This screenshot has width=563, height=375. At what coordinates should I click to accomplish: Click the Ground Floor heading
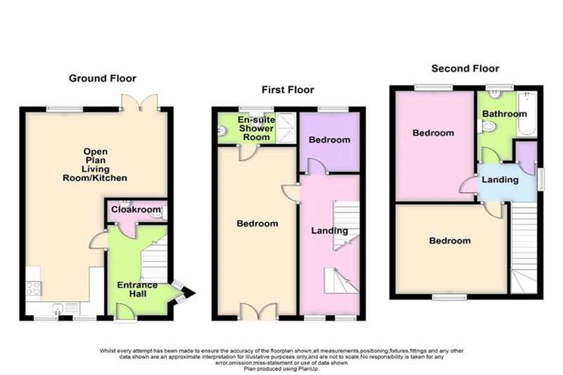click(x=102, y=78)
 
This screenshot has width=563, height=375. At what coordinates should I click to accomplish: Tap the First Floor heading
click(x=288, y=90)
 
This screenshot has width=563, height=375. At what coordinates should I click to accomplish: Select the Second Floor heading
click(x=465, y=68)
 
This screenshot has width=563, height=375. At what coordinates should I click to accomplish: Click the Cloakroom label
click(x=136, y=210)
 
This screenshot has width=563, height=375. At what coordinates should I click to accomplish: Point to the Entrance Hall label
click(x=137, y=290)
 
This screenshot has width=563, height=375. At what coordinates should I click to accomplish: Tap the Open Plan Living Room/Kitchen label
click(x=95, y=165)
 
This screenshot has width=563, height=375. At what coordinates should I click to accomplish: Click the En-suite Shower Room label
click(x=256, y=128)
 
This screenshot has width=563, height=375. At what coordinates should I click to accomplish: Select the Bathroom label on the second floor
click(x=505, y=114)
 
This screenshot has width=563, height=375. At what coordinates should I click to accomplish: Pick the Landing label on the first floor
click(x=329, y=231)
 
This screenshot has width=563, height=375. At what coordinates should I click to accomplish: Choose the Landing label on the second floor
click(x=500, y=179)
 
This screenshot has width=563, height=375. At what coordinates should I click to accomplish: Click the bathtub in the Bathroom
click(x=526, y=114)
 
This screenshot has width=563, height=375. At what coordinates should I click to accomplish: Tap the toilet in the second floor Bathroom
click(x=486, y=126)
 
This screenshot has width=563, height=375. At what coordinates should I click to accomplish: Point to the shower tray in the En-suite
click(x=286, y=128)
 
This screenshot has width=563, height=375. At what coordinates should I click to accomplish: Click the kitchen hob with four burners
click(x=33, y=288)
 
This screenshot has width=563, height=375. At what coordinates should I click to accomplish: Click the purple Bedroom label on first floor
click(x=329, y=139)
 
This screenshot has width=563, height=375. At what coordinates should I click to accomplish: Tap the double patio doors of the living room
click(x=139, y=102)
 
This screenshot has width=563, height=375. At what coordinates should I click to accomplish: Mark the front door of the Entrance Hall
click(x=126, y=312)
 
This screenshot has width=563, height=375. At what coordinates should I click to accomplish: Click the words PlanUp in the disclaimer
click(x=309, y=369)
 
